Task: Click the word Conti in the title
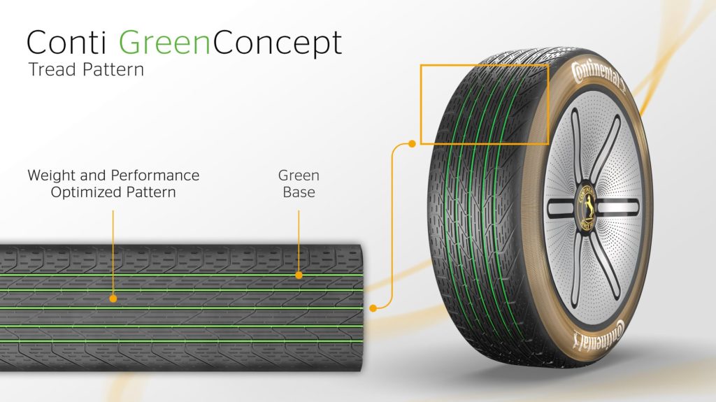click(x=66, y=43)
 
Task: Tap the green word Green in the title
click(x=165, y=43)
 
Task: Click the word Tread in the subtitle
click(x=52, y=69)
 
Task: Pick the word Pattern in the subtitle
click(x=113, y=69)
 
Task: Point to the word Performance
click(x=155, y=175)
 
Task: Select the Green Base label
click(x=299, y=184)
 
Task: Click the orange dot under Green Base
click(x=299, y=275)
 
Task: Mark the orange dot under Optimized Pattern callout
click(x=113, y=299)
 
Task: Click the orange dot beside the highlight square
click(x=412, y=144)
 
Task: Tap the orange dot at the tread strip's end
click(x=373, y=308)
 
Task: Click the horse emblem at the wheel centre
click(x=587, y=208)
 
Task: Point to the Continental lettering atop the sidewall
click(x=599, y=75)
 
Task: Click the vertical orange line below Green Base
click(x=299, y=241)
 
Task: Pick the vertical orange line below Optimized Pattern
click(x=113, y=252)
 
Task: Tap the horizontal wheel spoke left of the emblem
click(x=560, y=208)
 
